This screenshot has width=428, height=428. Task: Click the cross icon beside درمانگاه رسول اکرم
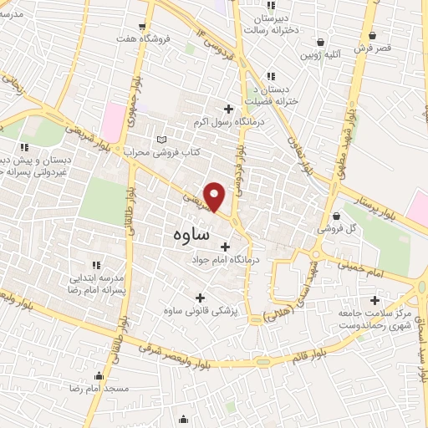coord(228,108)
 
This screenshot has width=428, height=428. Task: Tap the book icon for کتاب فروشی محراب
coord(162,139)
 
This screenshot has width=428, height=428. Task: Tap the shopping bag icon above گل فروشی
coord(335,215)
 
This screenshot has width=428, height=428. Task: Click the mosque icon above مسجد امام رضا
coord(99,376)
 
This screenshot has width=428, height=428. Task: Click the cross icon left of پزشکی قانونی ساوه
coord(199,298)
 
